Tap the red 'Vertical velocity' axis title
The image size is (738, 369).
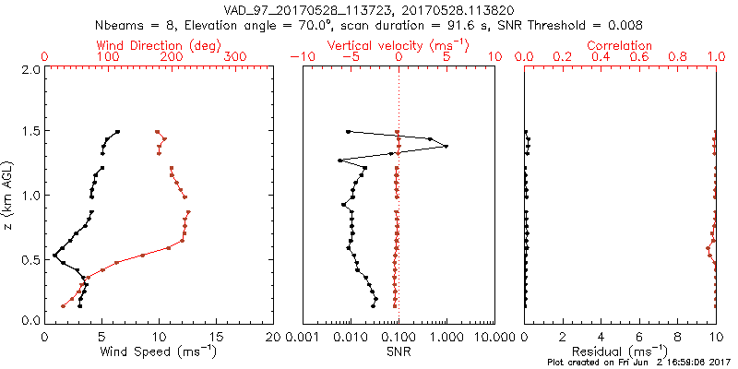coord(398,45)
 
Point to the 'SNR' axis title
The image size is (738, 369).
coord(398,351)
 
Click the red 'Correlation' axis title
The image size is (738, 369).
coord(620,45)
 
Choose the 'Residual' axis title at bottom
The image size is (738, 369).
coord(620,351)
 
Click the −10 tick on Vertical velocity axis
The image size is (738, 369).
coord(303,57)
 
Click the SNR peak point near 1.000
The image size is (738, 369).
coord(446,146)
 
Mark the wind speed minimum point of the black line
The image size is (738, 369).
coord(54,255)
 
